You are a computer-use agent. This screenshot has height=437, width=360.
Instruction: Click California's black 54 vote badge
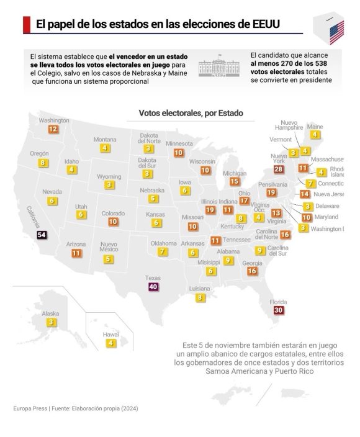pos(42,235)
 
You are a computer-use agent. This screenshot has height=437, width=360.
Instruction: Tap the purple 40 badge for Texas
pos(153,287)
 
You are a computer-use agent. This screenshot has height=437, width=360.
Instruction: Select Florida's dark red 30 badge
pos(278,310)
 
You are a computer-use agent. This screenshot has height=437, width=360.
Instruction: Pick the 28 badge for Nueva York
pos(278,169)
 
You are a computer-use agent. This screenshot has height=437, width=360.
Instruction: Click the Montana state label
pos(105,139)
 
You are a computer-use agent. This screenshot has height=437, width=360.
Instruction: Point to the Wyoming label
pos(109,177)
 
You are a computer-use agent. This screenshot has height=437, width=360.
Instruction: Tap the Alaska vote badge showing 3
pos(52,322)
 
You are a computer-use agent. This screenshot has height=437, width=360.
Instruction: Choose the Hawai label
pos(111,335)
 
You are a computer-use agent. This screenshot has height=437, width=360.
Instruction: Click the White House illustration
pos(218,66)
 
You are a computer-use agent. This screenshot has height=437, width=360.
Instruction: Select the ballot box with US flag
pos(330,28)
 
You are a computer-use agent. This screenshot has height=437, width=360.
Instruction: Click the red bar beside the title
pos(27,25)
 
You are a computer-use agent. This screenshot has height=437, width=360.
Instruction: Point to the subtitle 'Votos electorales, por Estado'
pos(191,113)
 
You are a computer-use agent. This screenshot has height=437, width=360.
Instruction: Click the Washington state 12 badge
pos(53,129)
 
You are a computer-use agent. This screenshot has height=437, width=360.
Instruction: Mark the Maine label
pos(315,127)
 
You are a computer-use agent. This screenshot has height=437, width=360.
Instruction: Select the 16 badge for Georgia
pos(252,271)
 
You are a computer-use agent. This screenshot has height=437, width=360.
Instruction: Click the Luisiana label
pos(199,289)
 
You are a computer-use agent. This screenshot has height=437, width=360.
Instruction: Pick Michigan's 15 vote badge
pos(235,181)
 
